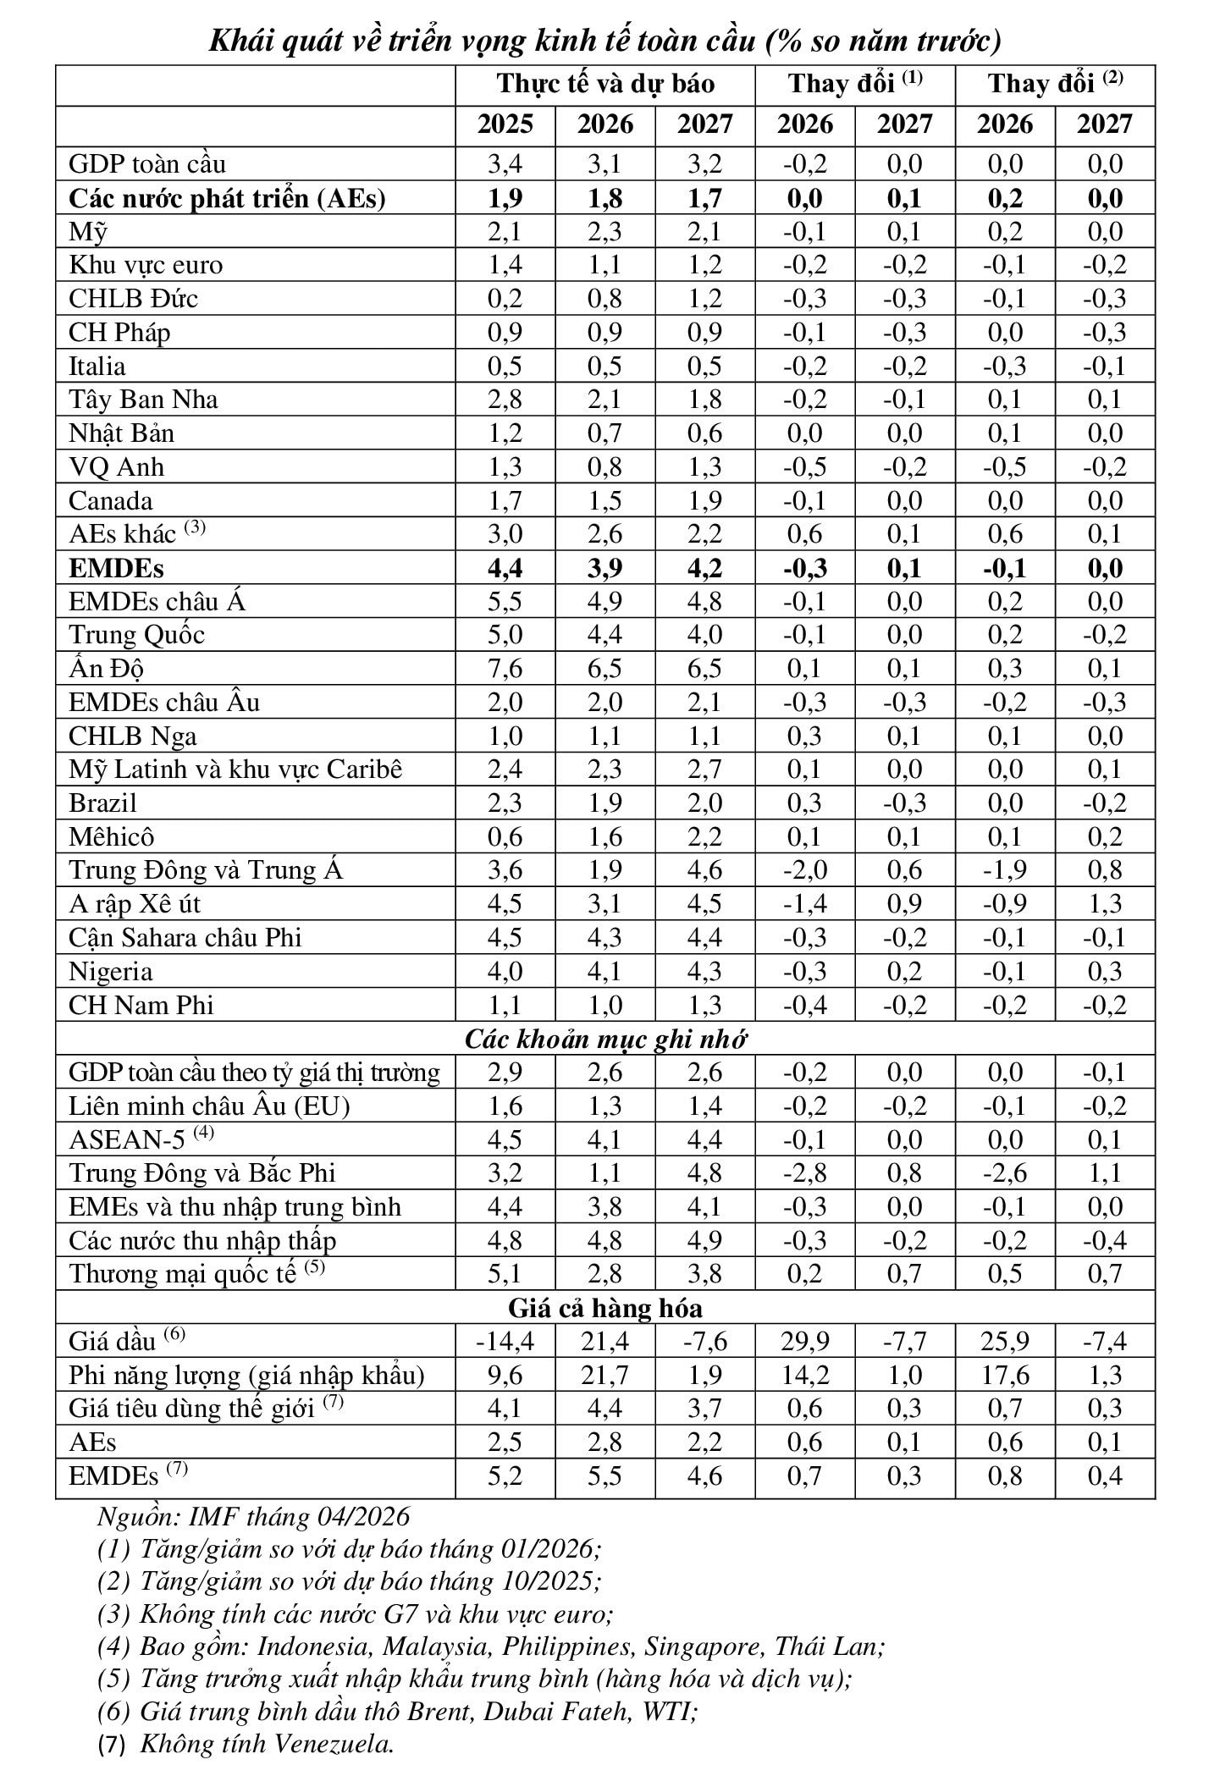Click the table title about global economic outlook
pyautogui.click(x=605, y=40)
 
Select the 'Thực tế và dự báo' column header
pyautogui.click(x=605, y=84)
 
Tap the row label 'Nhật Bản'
pyautogui.click(x=121, y=433)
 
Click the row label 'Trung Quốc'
pyautogui.click(x=136, y=635)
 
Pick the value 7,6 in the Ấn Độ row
pyautogui.click(x=505, y=669)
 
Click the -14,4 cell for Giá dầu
pyautogui.click(x=505, y=1342)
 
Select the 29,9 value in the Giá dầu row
pyautogui.click(x=805, y=1342)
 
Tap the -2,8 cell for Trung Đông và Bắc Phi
pyautogui.click(x=805, y=1173)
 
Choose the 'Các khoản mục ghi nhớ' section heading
pyautogui.click(x=605, y=1040)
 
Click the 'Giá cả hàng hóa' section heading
pyautogui.click(x=605, y=1309)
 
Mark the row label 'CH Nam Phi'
pyautogui.click(x=141, y=1006)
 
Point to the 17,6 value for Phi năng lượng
pyautogui.click(x=1006, y=1376)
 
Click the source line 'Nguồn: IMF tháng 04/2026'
pyautogui.click(x=254, y=1516)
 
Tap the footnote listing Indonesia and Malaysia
pyautogui.click(x=491, y=1646)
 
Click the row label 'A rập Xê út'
pyautogui.click(x=135, y=904)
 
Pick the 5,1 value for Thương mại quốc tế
pyautogui.click(x=505, y=1274)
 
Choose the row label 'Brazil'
pyautogui.click(x=102, y=803)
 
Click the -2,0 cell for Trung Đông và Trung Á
pyautogui.click(x=805, y=870)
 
